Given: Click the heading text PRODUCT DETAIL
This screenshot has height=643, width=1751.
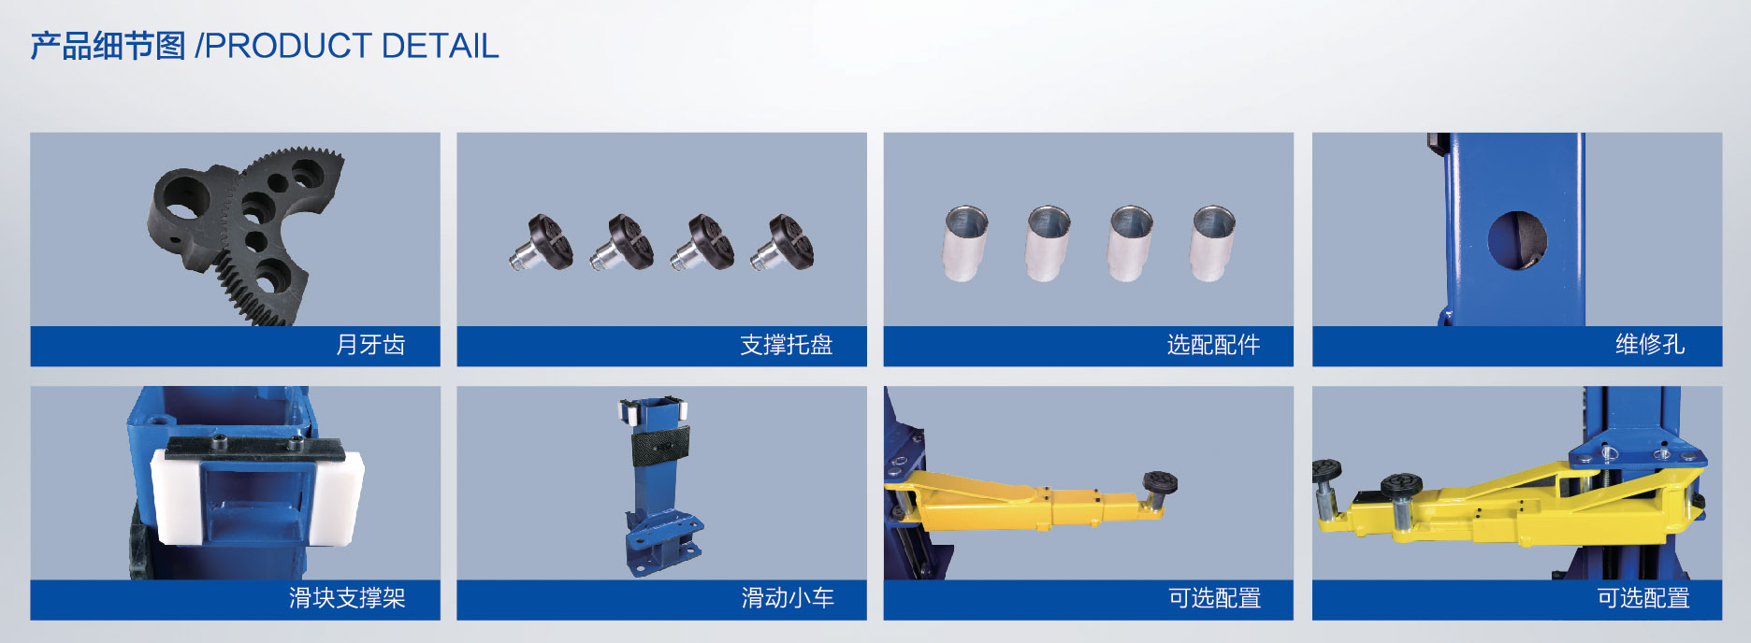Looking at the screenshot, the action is (x=352, y=46).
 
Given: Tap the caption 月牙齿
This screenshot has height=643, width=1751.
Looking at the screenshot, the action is (x=370, y=345).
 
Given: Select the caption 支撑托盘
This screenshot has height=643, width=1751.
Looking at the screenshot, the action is (x=786, y=345).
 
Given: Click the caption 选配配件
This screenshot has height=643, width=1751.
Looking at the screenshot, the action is (x=1213, y=345).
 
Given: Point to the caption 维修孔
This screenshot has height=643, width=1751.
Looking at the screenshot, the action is (x=1650, y=345).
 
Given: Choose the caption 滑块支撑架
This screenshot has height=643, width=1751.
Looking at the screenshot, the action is (x=347, y=598).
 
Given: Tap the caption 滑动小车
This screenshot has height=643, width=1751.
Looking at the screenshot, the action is (x=788, y=598).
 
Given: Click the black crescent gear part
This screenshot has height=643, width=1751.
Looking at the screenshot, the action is (x=245, y=234).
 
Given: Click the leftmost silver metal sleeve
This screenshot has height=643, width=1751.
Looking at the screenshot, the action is (x=965, y=243).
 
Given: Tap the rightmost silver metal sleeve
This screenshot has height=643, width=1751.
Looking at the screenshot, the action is (x=1213, y=243).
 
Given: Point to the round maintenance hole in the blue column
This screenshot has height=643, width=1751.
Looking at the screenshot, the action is (x=1516, y=240).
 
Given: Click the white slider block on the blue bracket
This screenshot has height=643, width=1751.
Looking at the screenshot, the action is (x=257, y=495).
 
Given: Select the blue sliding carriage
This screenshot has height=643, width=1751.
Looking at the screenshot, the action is (x=659, y=486).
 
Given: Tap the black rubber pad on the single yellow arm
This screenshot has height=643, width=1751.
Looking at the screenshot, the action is (x=1160, y=481).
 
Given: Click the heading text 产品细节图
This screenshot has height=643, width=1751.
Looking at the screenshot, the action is (x=108, y=46).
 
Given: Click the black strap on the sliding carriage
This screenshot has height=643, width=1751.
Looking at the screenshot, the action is (x=659, y=447).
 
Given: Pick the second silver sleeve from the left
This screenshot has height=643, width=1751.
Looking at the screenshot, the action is (x=1048, y=243).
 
